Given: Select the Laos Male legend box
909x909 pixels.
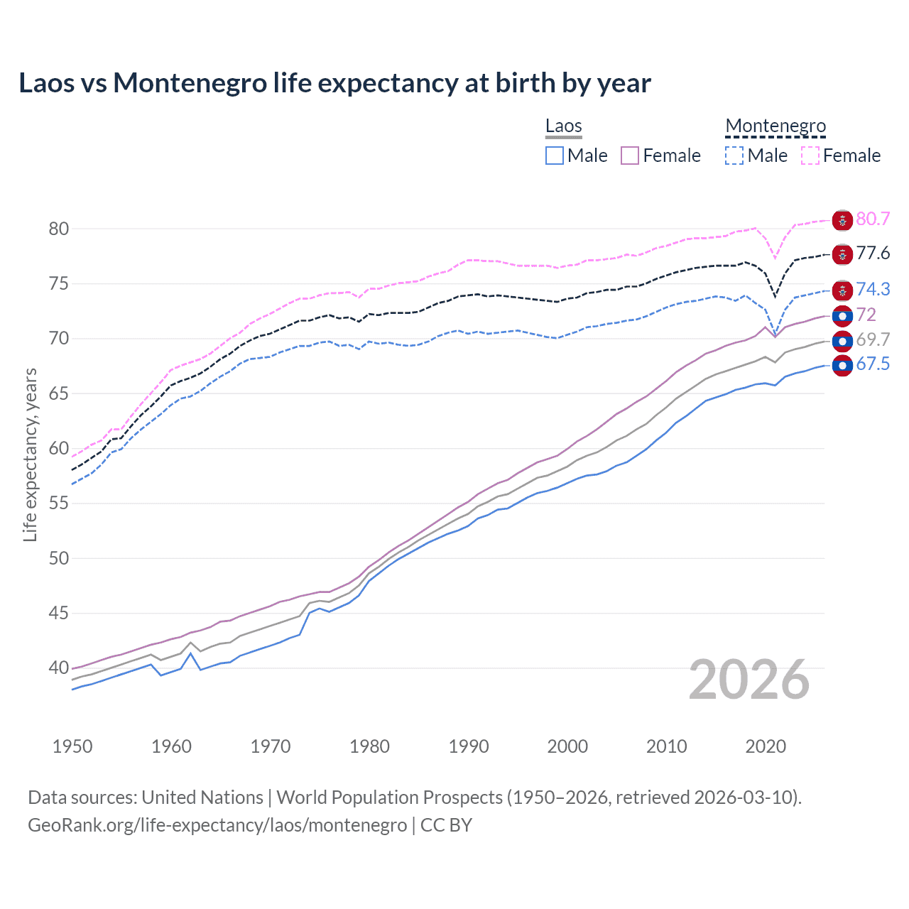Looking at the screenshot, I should coord(555,156).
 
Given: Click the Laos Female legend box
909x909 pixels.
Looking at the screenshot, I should coord(630,156).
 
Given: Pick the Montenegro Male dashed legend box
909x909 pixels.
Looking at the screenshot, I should coord(734,156).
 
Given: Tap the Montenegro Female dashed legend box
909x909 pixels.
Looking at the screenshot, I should coord(810,156).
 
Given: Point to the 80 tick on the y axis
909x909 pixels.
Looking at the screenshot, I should coord(59,229).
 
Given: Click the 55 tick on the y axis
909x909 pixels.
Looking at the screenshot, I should coord(59,504).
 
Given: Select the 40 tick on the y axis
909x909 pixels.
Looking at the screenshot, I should coord(59,668).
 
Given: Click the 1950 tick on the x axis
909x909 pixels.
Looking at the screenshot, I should coord(72,746).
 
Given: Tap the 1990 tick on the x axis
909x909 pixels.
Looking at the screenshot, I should coord(469,746).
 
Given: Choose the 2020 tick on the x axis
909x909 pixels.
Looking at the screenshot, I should coord(766,746).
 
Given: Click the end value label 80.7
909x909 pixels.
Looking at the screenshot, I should coord(873,219).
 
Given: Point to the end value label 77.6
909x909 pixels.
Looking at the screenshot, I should coord(873,254).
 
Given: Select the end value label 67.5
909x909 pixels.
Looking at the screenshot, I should coord(873,364).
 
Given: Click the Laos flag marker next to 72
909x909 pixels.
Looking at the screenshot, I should coord(842,316).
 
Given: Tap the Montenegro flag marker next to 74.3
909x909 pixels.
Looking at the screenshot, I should coord(842,290).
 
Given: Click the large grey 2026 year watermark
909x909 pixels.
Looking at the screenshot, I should coord(749,680).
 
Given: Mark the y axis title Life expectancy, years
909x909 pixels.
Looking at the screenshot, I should coord(30,454).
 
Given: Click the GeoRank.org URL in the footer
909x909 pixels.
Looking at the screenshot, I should coord(217,825).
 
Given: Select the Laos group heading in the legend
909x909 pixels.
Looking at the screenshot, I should coord(564,126).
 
